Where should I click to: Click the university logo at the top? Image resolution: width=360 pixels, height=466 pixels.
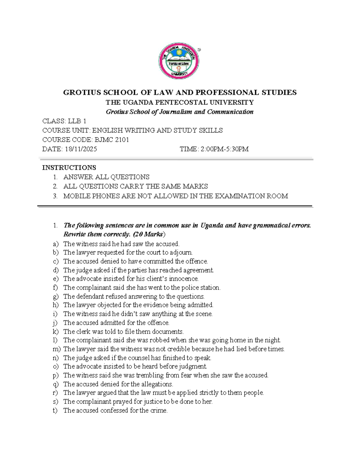click(x=179, y=61)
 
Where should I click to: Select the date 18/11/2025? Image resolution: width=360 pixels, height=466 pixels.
click(x=80, y=149)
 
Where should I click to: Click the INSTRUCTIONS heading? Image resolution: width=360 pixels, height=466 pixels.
click(x=69, y=168)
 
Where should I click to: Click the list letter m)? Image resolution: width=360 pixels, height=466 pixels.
click(x=56, y=349)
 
